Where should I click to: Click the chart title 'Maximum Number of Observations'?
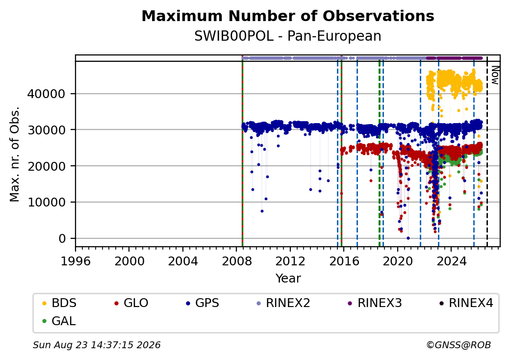(288, 16)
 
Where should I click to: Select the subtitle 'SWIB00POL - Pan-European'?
(288, 36)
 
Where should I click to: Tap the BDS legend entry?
(59, 303)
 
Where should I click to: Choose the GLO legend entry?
(131, 303)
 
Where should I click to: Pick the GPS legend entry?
(203, 303)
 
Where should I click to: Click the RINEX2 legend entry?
(283, 303)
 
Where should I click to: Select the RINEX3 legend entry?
(375, 303)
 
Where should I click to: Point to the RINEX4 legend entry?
(466, 303)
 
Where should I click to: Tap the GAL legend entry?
(59, 321)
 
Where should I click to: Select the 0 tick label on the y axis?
(62, 239)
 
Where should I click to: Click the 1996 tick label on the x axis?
(76, 261)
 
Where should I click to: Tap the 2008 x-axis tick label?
(237, 261)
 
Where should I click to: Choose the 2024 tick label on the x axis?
(452, 261)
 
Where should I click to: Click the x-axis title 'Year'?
(288, 279)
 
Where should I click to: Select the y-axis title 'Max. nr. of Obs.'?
(15, 154)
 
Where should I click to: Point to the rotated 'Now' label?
(495, 75)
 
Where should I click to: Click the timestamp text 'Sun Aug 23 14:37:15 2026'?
(97, 345)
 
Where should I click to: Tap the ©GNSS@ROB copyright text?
(459, 345)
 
